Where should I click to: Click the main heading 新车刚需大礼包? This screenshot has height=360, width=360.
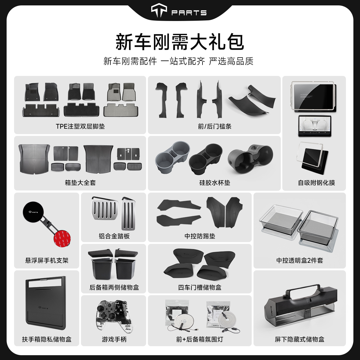coord(180,42)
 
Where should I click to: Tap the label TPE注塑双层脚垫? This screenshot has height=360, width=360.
coord(80,126)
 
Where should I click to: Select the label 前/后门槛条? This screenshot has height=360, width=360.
coord(214,126)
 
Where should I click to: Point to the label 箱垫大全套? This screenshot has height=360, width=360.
coord(80,182)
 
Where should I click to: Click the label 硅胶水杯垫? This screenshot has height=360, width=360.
coord(214,182)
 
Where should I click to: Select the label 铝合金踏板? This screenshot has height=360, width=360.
coord(114,236)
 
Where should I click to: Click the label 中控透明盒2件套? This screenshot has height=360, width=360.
coord(299,260)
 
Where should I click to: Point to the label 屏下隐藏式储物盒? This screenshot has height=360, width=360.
coord(299,339)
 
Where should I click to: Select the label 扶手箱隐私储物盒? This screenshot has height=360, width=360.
coord(46,339)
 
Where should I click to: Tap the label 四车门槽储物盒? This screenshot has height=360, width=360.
coord(199,287)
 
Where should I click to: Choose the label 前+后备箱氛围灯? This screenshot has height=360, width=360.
coord(199,339)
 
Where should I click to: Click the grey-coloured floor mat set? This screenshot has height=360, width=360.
coord(121,100)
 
